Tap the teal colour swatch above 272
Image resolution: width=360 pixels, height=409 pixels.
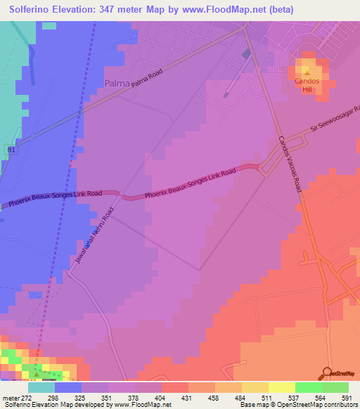(x=41, y=387)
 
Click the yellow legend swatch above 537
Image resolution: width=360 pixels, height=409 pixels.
(x=281, y=387)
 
